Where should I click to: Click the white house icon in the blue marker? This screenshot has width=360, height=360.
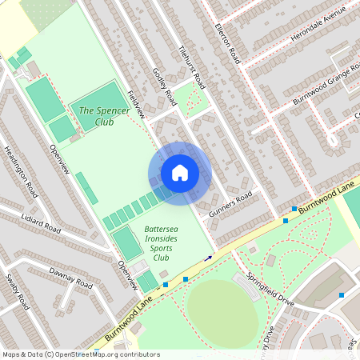[180, 173]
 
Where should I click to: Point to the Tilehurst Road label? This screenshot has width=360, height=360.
[193, 66]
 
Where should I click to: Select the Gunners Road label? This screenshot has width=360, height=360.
[230, 206]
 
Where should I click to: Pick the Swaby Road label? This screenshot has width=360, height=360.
[18, 292]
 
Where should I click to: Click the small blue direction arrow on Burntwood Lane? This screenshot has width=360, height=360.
[209, 258]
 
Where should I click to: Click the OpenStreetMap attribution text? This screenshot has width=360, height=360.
[80, 354]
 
